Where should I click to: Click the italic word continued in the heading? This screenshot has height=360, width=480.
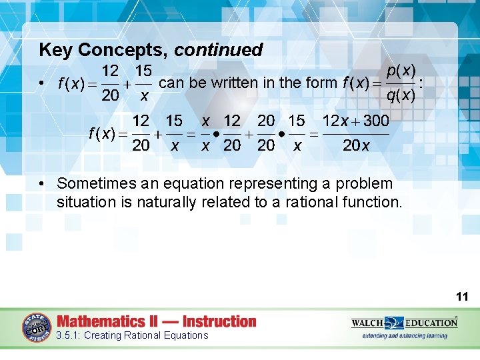218,50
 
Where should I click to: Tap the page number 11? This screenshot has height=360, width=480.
463,296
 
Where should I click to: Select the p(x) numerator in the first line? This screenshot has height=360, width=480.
401,70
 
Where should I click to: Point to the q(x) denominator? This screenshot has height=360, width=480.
401,95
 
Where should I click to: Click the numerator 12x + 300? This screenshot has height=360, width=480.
356,121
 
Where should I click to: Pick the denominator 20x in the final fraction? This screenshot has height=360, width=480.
356,146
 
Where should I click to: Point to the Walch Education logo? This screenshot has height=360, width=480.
405,323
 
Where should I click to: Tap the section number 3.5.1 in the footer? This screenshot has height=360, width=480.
68,335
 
